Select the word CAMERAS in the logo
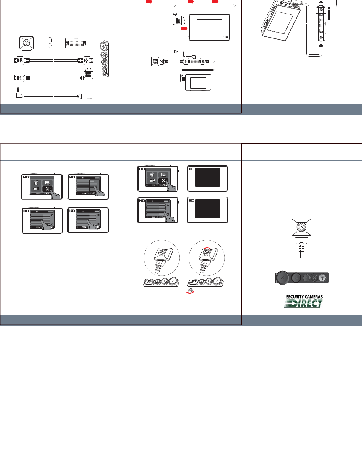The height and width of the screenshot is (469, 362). [314, 296]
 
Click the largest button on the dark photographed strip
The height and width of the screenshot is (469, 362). [283, 278]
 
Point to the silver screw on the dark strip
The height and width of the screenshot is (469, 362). [323, 278]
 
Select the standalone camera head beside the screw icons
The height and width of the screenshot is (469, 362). [27, 43]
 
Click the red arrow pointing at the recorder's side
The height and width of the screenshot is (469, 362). [184, 28]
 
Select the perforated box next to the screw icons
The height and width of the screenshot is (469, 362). [76, 43]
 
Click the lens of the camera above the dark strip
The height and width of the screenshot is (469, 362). [301, 227]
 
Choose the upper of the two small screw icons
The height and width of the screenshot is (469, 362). [50, 40]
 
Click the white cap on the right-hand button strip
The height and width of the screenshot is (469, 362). [191, 281]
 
